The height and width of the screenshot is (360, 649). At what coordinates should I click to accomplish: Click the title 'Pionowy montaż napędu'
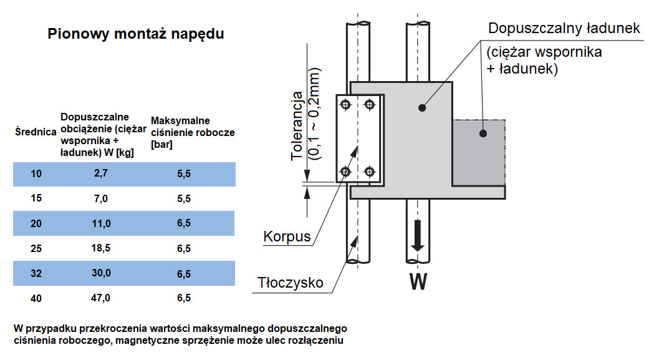point(136,34)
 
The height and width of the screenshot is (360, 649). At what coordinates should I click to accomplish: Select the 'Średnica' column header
point(36,132)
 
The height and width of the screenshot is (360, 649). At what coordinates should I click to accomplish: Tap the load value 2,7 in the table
point(101,174)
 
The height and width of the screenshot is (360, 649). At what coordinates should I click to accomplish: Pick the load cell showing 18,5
point(101,248)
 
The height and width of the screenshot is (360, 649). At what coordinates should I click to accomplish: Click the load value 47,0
point(101,298)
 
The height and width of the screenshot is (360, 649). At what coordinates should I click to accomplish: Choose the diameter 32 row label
point(36,273)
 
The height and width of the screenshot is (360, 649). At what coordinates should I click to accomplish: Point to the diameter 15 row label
point(36,199)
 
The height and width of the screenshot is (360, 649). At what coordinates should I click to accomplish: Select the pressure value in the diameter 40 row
point(184,298)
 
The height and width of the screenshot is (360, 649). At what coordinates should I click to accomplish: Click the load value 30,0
point(101,273)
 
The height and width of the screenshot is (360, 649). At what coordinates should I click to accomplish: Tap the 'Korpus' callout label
point(287,238)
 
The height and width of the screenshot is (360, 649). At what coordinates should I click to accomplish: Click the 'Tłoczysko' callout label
point(291,283)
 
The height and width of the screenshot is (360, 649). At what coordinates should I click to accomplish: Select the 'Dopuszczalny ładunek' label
point(564,29)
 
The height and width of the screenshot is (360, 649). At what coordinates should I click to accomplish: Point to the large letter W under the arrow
point(418,283)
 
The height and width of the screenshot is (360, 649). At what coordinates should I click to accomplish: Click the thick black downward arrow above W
point(418,235)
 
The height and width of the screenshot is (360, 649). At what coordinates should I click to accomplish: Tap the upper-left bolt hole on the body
point(347,105)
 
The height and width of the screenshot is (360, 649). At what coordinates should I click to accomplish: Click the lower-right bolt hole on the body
point(370,171)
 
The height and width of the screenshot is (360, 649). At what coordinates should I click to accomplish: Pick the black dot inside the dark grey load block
point(482,133)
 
